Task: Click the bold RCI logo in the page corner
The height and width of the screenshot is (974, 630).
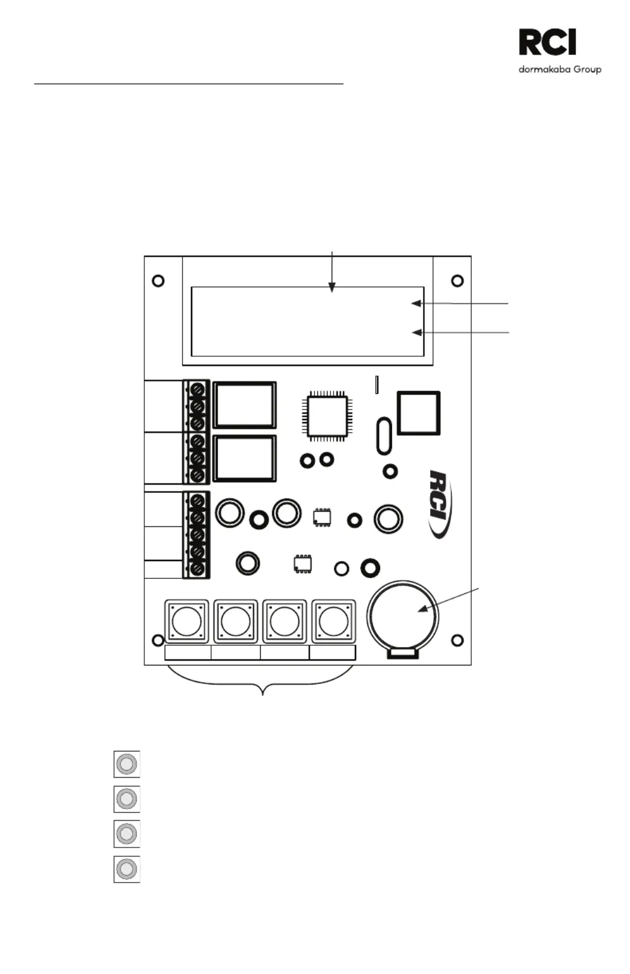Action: [547, 42]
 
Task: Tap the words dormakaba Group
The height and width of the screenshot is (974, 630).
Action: [560, 70]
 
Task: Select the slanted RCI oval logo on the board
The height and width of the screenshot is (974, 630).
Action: [440, 504]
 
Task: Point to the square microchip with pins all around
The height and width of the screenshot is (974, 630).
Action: [327, 416]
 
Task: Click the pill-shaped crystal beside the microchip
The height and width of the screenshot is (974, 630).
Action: [384, 436]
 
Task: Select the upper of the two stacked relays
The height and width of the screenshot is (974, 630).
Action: [245, 405]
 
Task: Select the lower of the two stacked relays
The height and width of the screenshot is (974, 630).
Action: [245, 458]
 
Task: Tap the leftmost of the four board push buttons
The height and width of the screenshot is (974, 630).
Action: [187, 622]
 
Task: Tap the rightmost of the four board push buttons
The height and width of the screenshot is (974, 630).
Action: [333, 622]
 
